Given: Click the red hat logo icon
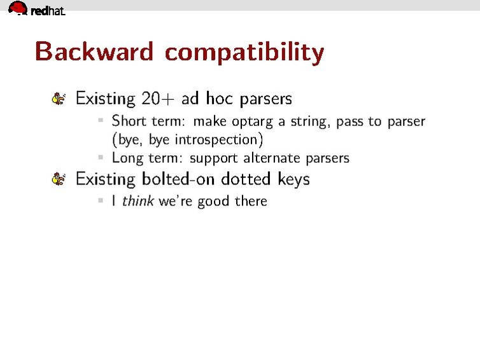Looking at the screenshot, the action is tap(18, 8).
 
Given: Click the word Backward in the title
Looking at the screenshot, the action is tap(94, 51).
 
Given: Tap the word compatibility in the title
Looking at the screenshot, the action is tap(244, 53).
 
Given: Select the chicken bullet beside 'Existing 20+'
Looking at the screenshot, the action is tap(59, 99).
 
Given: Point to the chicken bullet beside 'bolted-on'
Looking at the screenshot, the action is tap(59, 179).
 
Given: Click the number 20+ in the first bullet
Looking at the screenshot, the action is tap(158, 99).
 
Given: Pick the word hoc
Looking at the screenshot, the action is tap(219, 98).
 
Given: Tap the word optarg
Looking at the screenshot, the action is tap(252, 122).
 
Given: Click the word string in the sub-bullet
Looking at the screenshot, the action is tap(310, 121).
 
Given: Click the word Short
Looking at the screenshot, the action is tap(129, 121).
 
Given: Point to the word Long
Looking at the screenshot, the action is tap(127, 158).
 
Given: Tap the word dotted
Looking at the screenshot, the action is tap(246, 179).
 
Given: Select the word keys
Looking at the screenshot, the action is tap(293, 179).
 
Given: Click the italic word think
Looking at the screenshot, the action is tap(138, 201).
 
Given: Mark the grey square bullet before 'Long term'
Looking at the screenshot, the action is tap(101, 157).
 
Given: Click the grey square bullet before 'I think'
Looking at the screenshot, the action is tap(101, 200).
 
